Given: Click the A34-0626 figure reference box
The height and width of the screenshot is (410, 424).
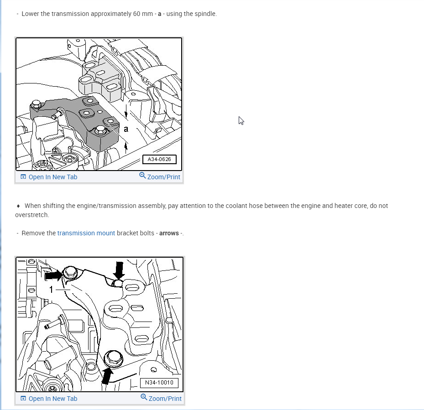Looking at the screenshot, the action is coord(159,159).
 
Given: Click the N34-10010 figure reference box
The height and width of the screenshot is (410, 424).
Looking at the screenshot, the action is coord(159,383).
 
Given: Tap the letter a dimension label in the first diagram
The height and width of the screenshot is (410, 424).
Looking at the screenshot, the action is coord(126,129).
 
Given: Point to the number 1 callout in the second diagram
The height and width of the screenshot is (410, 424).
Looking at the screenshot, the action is coord(51,290).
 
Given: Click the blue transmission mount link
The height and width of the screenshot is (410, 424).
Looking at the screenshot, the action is coord(86,233).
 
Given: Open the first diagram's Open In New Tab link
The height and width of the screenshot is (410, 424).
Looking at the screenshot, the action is coord(49,177).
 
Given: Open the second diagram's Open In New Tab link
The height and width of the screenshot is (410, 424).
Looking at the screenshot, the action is coord(49,399).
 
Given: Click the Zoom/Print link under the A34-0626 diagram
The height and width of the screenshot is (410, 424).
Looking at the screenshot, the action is coord(160,176).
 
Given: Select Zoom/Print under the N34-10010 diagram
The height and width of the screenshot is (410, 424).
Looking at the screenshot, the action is coord(161,398).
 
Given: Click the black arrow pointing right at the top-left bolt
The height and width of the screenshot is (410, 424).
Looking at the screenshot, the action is coord(53,275).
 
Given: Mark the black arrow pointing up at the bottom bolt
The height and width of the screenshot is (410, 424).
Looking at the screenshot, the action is coord(107,376).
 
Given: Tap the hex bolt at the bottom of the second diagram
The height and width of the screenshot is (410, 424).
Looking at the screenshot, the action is coord(113,358).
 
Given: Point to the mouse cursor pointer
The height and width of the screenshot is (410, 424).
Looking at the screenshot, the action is coord(241,121).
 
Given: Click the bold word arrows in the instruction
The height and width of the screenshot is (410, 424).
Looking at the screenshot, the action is coord(169,233).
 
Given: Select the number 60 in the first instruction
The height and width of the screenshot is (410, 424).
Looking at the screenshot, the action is coord(136,14).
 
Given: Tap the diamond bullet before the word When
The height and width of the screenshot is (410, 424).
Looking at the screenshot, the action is coord(18,206).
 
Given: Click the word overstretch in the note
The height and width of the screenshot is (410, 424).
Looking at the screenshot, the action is coord(32,215).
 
